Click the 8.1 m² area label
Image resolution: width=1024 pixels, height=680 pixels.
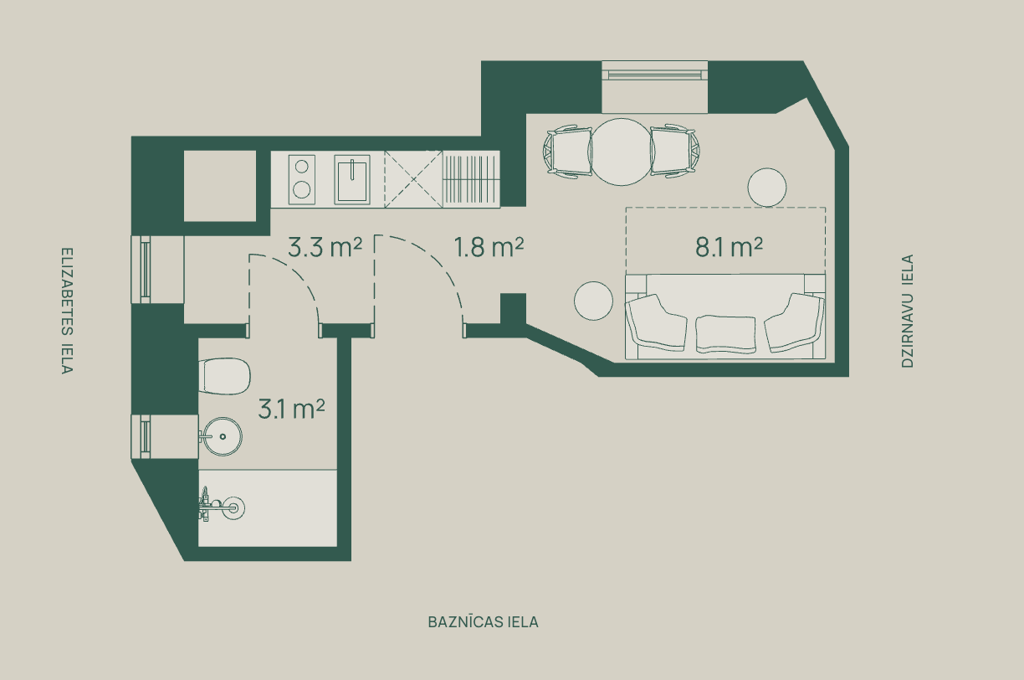729,248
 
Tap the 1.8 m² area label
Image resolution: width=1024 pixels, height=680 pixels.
489,247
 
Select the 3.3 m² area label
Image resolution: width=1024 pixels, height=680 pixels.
325,247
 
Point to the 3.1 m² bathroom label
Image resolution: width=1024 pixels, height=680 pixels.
291,410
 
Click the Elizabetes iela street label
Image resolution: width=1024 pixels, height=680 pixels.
67,311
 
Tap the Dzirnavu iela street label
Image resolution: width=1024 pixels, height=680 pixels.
908,312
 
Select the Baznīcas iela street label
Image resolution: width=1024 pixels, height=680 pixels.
484,622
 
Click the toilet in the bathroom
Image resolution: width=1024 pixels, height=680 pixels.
224,376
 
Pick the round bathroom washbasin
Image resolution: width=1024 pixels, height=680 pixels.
223,436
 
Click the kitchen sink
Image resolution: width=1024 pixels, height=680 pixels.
352,179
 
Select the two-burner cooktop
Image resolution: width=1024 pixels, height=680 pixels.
302,179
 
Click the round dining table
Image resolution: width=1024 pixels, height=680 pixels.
622,152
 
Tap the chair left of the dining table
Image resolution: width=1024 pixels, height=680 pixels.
568,152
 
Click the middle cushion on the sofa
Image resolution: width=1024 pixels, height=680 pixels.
725,334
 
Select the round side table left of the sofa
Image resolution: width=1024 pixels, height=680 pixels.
593,301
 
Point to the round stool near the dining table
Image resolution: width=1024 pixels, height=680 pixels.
767,187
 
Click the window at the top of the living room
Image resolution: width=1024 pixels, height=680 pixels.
654,87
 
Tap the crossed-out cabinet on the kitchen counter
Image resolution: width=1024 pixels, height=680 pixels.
413,179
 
